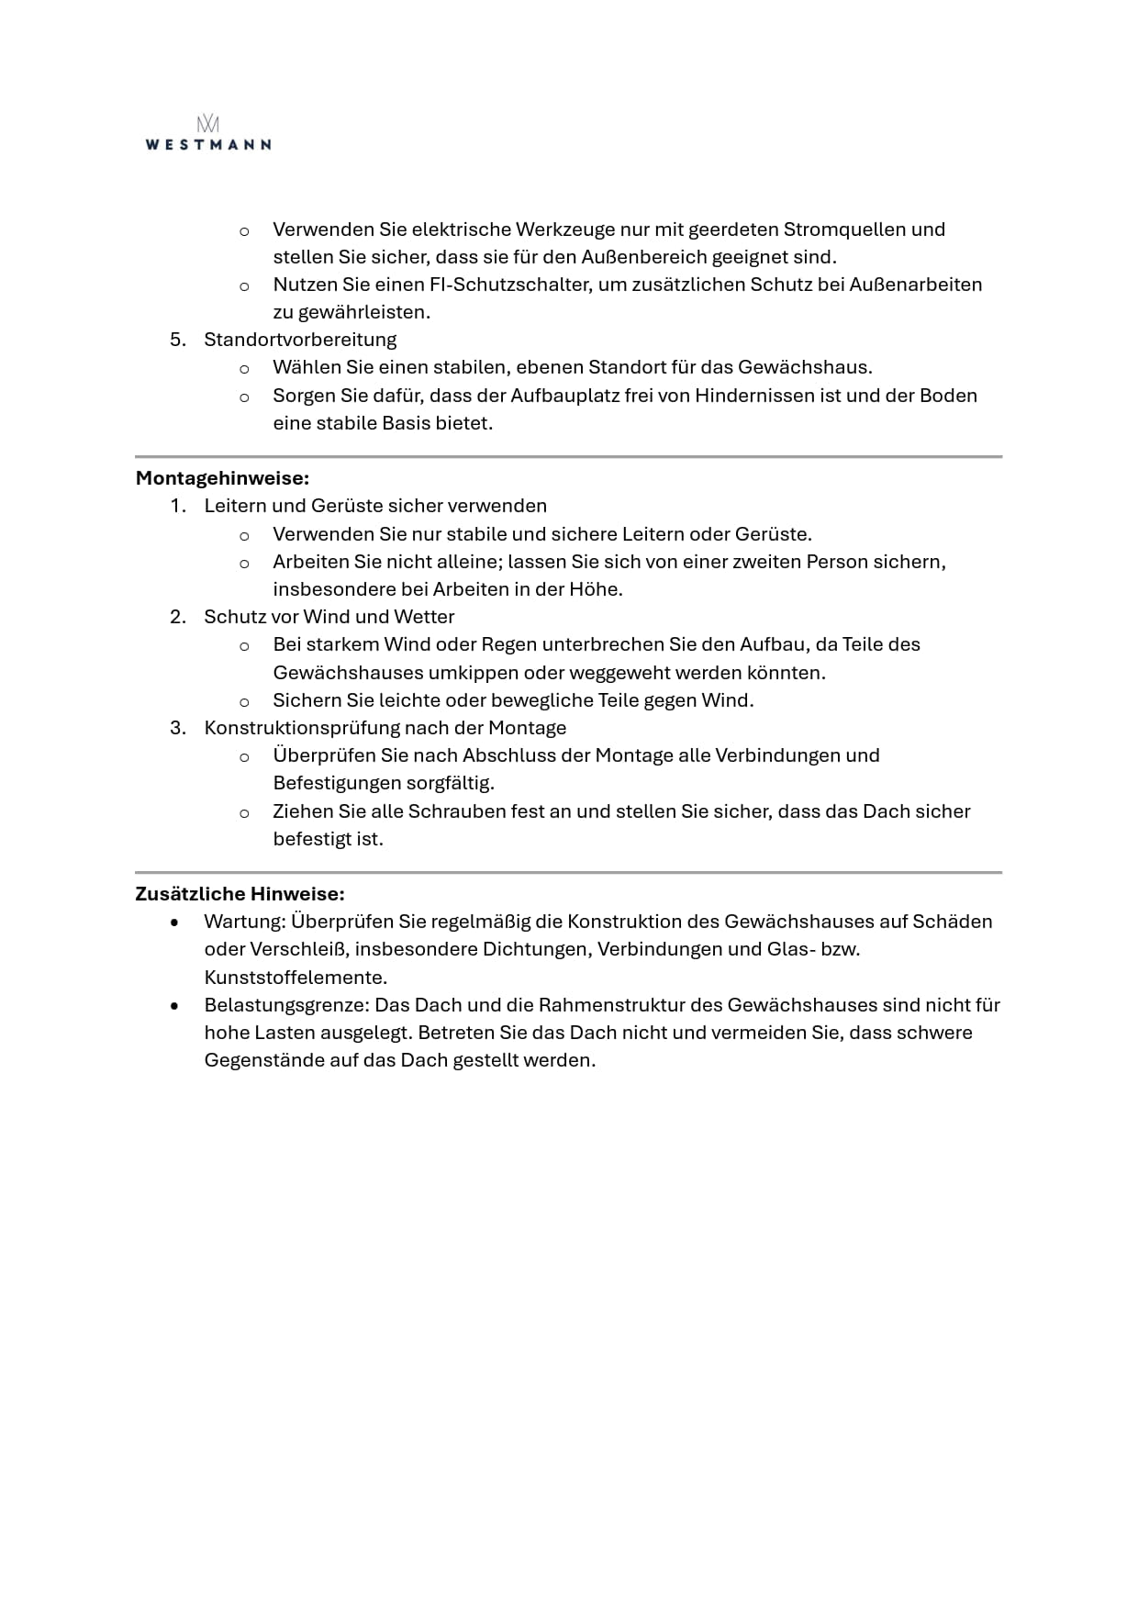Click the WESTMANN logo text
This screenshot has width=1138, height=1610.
tap(208, 144)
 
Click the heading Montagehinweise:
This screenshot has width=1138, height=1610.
tap(222, 478)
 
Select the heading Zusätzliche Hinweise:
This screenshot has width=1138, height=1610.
tap(240, 893)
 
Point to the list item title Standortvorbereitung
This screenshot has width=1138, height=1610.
tap(300, 340)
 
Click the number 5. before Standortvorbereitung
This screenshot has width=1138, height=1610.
tap(178, 340)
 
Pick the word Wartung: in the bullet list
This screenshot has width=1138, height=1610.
tap(243, 922)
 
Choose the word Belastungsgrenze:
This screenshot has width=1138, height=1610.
tap(286, 1005)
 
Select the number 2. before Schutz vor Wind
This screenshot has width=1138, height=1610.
tap(178, 617)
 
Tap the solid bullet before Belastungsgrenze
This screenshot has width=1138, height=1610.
tap(174, 1006)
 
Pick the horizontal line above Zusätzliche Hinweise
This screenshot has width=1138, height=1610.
tap(568, 872)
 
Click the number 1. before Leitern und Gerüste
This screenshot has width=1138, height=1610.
tap(178, 506)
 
